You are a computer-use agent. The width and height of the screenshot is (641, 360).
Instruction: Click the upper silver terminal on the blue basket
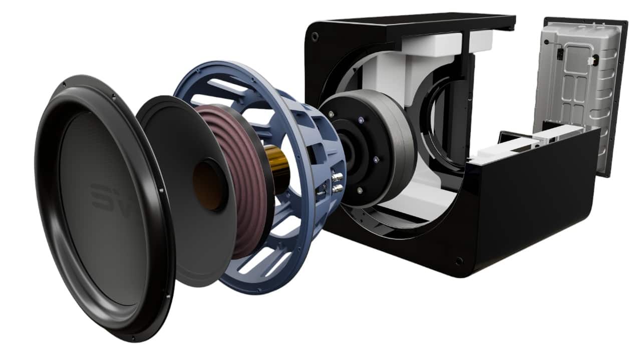337,177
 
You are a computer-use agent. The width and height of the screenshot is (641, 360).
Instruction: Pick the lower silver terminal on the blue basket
337,188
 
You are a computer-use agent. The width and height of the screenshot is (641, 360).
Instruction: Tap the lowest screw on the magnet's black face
359,190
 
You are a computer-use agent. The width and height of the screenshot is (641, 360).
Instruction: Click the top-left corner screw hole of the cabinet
314,37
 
